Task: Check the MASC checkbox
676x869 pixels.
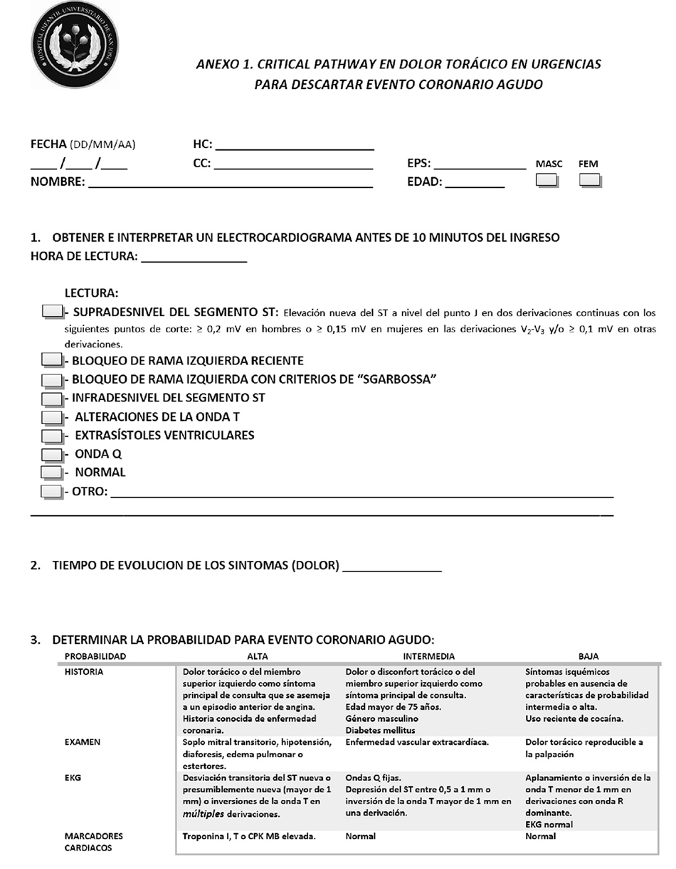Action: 546,181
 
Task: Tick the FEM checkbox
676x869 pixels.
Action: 590,181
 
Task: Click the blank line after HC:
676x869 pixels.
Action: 294,146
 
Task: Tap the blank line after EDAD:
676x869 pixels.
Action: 475,183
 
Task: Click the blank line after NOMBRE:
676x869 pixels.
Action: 230,183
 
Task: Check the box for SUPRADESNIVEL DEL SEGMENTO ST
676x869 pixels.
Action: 52,311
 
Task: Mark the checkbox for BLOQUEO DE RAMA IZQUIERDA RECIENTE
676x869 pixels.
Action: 51,361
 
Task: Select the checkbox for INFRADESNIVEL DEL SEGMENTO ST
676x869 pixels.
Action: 51,399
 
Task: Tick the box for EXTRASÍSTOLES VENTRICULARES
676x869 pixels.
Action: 51,436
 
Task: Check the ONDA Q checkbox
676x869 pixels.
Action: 51,454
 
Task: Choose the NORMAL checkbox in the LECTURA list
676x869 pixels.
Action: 51,472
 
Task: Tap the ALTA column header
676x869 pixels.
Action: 257,656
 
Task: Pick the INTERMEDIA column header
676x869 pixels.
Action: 428,656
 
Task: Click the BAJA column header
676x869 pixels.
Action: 588,656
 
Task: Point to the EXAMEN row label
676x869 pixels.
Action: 83,742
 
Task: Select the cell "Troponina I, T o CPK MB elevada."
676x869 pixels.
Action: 249,836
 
